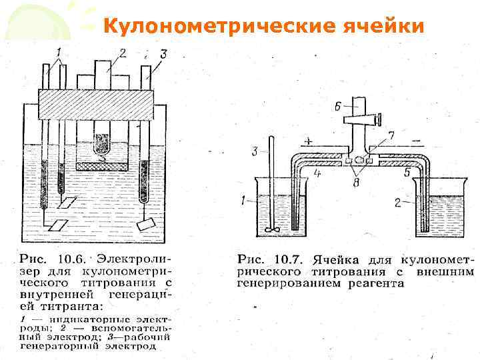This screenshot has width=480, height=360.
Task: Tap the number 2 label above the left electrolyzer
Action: [122, 52]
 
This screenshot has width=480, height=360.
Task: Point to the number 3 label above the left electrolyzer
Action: [163, 53]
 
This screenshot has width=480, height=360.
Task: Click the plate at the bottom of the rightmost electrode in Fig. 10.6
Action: [146, 225]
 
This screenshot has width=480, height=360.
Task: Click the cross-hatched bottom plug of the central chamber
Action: [102, 165]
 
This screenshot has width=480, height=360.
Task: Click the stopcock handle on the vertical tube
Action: [363, 121]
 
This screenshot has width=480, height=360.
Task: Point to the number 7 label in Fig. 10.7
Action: [391, 136]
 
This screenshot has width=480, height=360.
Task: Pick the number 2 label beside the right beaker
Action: [397, 202]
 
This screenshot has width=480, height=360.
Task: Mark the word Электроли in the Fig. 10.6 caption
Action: [134, 257]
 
